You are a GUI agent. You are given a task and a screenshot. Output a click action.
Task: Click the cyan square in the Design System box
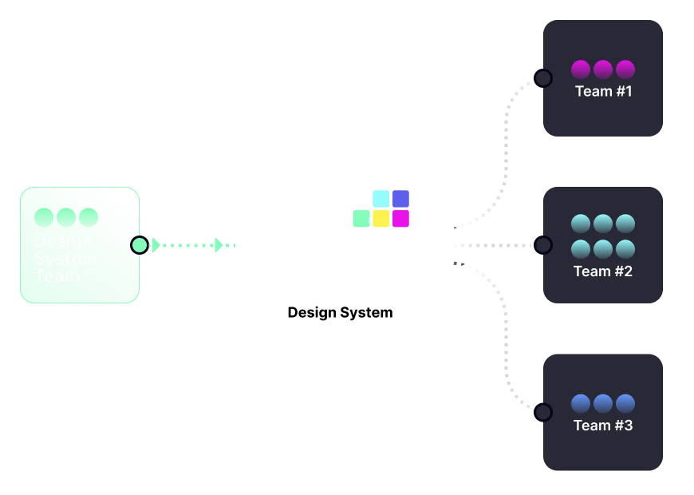381,199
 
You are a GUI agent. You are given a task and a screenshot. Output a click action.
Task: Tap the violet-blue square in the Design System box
400,199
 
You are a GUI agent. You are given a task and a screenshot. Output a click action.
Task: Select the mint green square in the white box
361,218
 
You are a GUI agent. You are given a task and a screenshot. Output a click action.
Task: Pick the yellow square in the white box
381,218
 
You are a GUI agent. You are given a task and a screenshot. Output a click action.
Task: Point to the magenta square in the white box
400,218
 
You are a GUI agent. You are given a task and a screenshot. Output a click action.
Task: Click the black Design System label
340,312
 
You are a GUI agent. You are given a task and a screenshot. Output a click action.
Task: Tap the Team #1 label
603,91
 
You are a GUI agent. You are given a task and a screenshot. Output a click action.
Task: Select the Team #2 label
603,271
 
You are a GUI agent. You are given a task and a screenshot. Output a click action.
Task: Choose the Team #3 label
603,426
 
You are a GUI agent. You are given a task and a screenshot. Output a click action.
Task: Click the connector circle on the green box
140,245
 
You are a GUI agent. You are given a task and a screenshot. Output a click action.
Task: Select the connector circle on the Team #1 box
543,78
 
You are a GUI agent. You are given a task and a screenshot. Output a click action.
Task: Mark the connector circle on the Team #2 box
543,245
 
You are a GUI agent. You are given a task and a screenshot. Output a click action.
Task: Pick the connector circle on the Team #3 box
543,412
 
